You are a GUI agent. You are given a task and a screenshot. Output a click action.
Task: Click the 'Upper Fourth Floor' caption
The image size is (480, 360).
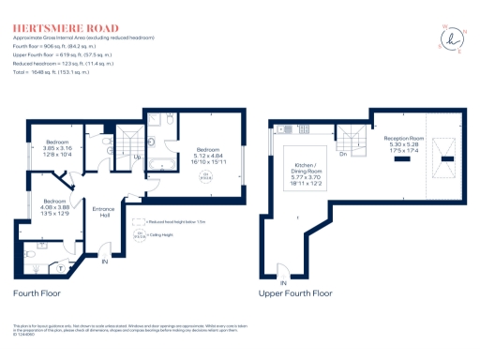pyautogui.click(x=296, y=293)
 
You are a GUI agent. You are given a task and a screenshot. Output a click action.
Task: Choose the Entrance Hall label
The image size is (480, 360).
pyautogui.click(x=103, y=211)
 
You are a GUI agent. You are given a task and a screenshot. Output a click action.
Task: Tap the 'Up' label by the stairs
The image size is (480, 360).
pyautogui.click(x=138, y=157)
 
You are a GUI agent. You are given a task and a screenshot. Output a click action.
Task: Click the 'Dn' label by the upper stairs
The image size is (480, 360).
pyautogui.click(x=344, y=155)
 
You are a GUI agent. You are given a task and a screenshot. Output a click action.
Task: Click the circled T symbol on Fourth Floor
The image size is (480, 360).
pyautogui.click(x=64, y=266)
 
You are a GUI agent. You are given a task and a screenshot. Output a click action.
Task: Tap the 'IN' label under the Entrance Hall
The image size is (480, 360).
pyautogui.click(x=105, y=262)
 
